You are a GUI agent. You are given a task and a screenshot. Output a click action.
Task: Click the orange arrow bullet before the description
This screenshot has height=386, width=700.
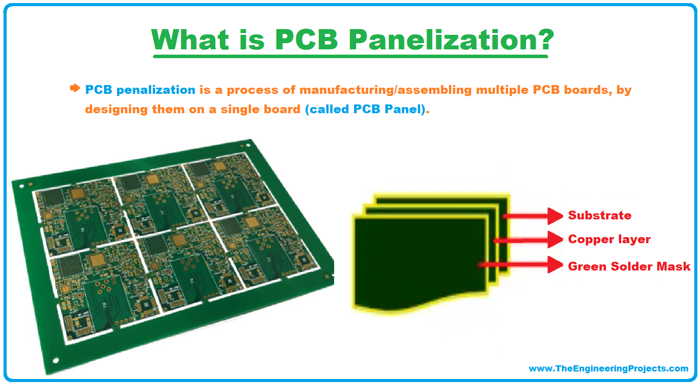[x=75, y=88]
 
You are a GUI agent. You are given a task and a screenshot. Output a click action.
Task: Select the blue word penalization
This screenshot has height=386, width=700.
[x=155, y=90]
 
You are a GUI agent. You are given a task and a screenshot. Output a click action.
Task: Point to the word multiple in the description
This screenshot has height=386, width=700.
[x=502, y=90]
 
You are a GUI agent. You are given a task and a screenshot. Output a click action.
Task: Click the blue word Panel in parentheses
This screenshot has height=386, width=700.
[x=402, y=109]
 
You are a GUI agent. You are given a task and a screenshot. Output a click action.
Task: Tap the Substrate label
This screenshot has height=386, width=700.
[x=600, y=215]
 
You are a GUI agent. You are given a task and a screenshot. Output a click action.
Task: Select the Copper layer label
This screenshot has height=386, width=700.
[x=609, y=239]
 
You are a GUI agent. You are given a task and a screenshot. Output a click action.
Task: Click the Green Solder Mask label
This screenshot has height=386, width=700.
[x=629, y=267]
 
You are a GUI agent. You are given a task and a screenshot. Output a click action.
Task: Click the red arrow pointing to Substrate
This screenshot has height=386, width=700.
[x=533, y=216]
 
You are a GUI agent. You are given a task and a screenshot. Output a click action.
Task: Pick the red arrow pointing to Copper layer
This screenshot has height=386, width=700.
[x=528, y=240]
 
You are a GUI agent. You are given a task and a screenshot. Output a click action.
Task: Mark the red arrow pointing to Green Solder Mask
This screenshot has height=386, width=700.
[x=522, y=265]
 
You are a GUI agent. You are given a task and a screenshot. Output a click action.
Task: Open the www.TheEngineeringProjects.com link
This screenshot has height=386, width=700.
[x=608, y=368]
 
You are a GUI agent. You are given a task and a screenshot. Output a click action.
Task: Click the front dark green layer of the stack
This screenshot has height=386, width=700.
[x=418, y=260]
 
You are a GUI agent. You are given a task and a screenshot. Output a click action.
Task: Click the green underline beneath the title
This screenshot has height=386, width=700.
[x=350, y=56]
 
